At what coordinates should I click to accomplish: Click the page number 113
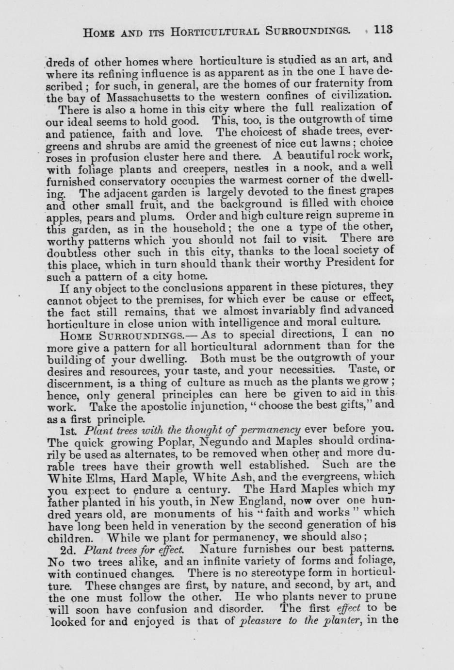[x=383, y=30]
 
